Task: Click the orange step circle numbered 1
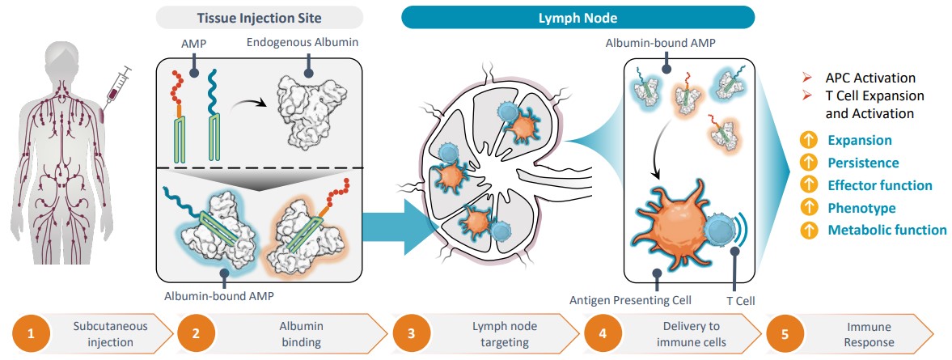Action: (32, 332)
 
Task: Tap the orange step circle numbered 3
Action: (411, 332)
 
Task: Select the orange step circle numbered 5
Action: (785, 332)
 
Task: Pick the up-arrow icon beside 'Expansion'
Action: (807, 141)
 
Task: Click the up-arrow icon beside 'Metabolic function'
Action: (807, 230)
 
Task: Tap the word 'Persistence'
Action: (863, 163)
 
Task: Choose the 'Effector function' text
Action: (880, 185)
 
